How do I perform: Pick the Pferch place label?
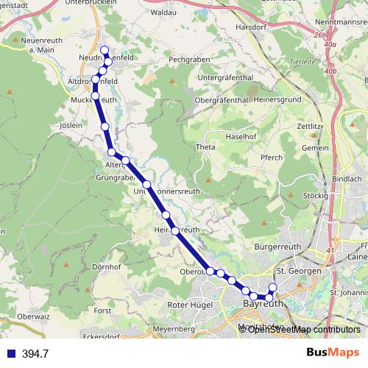(x=272, y=157)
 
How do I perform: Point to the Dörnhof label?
(x=107, y=266)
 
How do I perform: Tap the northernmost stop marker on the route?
(x=105, y=51)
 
